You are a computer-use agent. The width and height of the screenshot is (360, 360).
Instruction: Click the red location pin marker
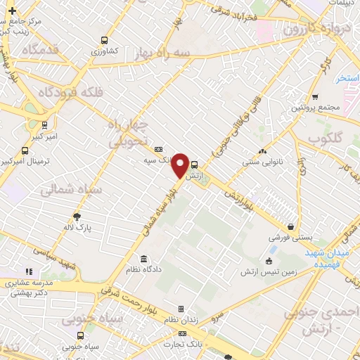click(180, 165)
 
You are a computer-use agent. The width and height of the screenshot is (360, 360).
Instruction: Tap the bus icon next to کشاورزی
click(105, 40)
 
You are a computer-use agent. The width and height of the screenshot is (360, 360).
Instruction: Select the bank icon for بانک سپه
click(158, 149)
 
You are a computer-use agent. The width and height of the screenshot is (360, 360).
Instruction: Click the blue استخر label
click(348, 77)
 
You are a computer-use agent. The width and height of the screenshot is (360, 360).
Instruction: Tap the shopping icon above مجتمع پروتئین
click(314, 96)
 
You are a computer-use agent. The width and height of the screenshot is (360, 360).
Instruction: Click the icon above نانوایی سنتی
click(263, 150)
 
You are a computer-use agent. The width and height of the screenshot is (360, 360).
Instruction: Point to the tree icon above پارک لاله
click(77, 217)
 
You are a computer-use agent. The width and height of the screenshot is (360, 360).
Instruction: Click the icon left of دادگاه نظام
click(143, 259)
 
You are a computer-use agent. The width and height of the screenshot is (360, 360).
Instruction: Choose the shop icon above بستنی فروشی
click(290, 227)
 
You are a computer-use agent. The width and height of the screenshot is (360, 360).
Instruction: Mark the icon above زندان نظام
click(181, 309)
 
